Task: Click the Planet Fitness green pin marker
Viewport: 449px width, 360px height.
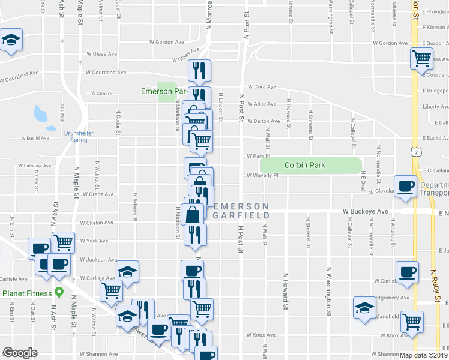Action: tap(59, 293)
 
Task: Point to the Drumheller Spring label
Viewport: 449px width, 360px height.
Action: tap(75, 136)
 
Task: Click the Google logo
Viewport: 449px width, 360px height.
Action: tap(20, 353)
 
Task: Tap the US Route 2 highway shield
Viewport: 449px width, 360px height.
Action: tap(415, 152)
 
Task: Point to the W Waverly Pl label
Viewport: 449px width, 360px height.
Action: tap(262, 176)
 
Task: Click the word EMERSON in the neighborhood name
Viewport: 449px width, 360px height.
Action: tap(240, 206)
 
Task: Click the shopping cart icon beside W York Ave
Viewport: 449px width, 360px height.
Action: tap(63, 242)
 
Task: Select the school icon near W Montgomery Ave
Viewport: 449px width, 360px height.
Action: tap(364, 307)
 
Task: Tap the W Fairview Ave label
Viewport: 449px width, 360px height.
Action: tap(35, 165)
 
